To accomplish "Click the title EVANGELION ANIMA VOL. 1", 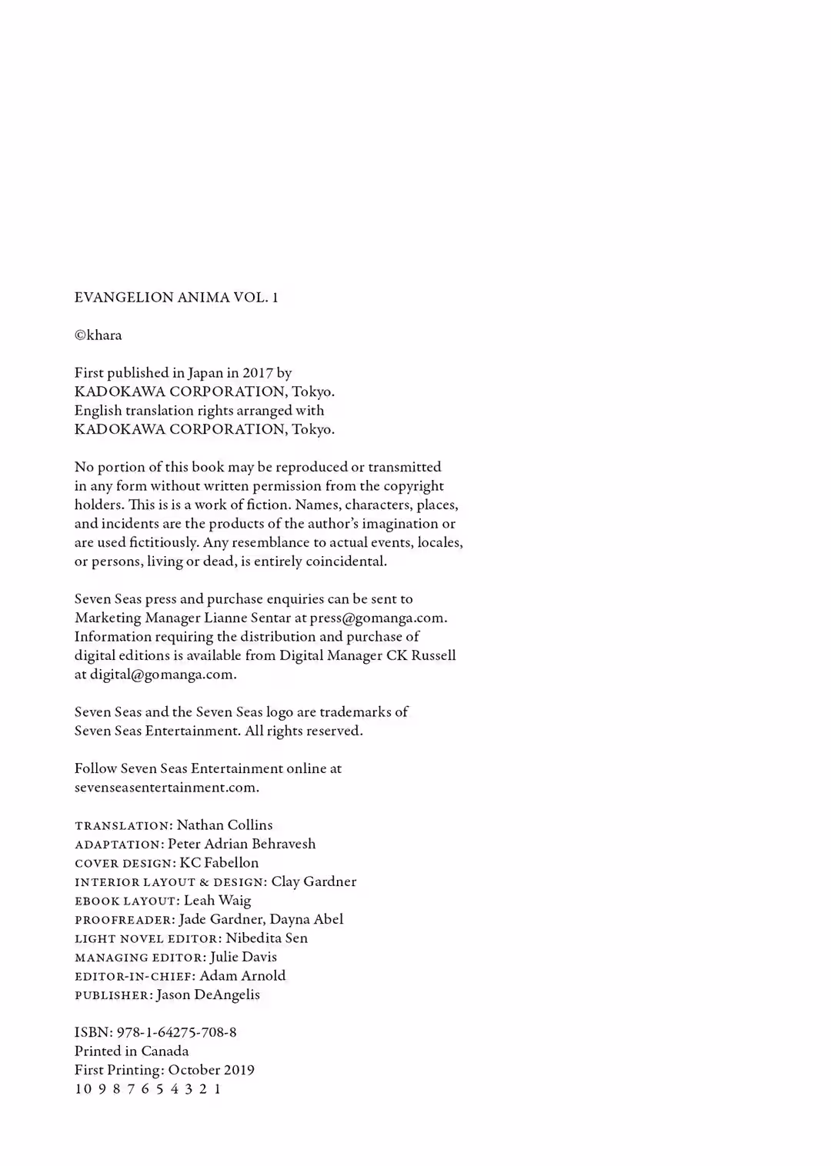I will coord(176,298).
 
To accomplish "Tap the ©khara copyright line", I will coord(98,335).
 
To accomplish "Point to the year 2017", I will coord(258,373).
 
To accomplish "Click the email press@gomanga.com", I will coord(378,618).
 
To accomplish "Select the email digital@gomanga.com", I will coord(162,675).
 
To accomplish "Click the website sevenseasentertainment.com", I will coord(166,788).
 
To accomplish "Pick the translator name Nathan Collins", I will coord(225,825).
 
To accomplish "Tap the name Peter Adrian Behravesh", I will coord(242,844).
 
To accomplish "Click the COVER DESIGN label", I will coord(125,863).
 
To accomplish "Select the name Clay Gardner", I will coord(314,881).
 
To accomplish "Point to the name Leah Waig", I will coord(218,901).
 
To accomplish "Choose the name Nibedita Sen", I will coord(266,938).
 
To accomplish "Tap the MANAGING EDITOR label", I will coord(140,958).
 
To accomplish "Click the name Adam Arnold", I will coord(242,976).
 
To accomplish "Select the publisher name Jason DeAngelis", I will coord(208,995).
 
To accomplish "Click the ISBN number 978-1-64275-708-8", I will coord(176,1033).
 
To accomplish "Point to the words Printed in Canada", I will coord(132,1051).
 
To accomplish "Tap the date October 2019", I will coord(211,1071).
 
